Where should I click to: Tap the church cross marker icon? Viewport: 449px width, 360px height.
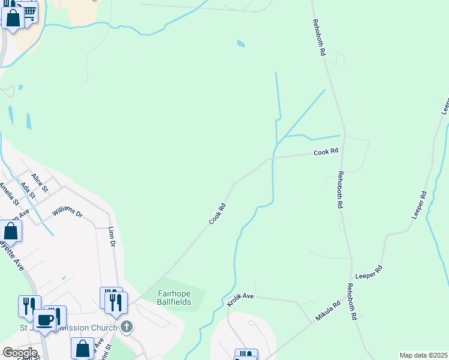(x=126, y=327)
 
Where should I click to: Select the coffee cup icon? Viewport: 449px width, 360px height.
(x=44, y=320)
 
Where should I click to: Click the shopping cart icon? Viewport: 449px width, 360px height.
(x=28, y=10)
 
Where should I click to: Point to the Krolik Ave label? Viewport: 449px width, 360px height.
(x=241, y=299)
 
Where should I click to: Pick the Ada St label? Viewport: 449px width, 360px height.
(x=28, y=191)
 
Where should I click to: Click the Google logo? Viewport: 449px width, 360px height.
(x=20, y=352)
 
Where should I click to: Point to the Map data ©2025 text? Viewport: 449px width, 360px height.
(x=423, y=355)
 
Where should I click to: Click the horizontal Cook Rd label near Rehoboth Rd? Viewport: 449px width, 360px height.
(x=326, y=152)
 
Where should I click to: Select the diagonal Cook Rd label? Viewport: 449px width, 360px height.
(x=217, y=214)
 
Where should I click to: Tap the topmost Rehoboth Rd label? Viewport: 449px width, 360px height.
(x=318, y=37)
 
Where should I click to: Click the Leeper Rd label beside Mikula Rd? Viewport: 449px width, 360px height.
(x=369, y=272)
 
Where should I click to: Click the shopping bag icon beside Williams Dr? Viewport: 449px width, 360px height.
(x=11, y=230)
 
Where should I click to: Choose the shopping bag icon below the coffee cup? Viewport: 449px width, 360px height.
(x=82, y=348)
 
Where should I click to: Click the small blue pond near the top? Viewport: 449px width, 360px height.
(x=241, y=43)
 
